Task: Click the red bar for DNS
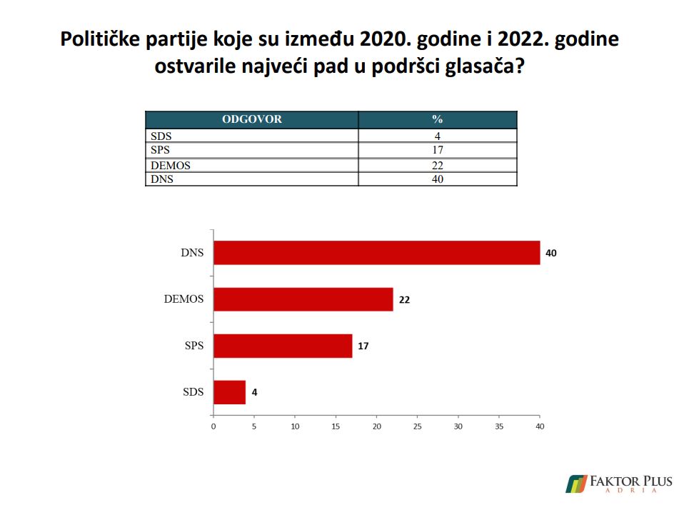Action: (x=376, y=253)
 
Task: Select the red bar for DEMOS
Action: (x=303, y=299)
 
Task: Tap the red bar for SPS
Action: (x=283, y=346)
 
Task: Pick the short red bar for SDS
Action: (x=229, y=392)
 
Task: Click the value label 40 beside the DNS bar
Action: (x=550, y=253)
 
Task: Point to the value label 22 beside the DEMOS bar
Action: (x=404, y=300)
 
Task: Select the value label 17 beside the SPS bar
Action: (x=363, y=346)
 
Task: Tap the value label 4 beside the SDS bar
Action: (x=254, y=392)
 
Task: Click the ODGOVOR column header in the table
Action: (x=252, y=119)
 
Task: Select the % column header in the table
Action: (x=438, y=119)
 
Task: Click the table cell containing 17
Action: (x=438, y=150)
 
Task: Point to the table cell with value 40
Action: (x=438, y=179)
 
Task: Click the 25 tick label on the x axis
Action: (x=418, y=426)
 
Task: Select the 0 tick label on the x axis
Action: (x=213, y=426)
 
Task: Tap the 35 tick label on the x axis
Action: (x=499, y=426)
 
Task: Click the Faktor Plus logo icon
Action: (x=575, y=484)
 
